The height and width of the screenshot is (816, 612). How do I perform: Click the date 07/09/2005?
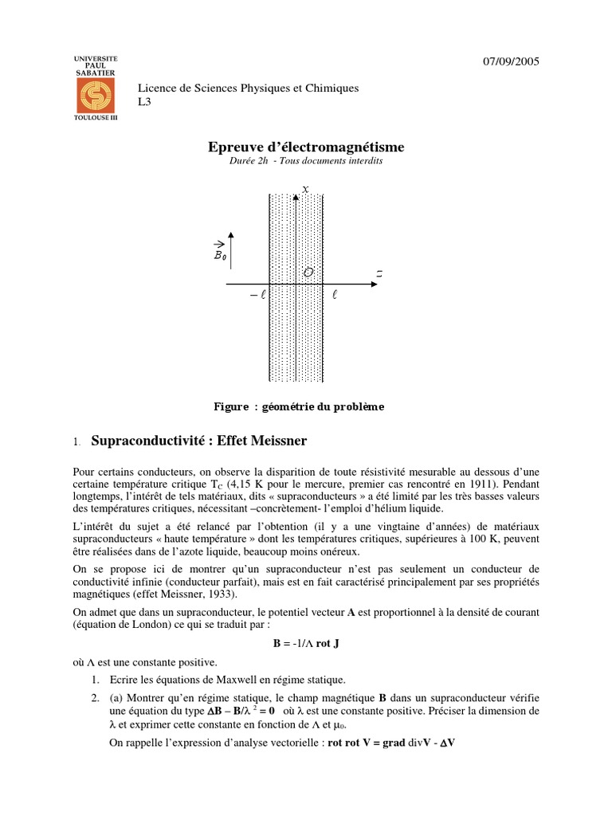click(512, 63)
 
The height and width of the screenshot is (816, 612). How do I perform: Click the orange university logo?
click(95, 94)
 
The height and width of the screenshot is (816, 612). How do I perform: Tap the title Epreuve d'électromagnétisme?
click(306, 147)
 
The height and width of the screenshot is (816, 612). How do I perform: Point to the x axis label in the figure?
click(305, 189)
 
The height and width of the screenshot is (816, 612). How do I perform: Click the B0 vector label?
click(220, 254)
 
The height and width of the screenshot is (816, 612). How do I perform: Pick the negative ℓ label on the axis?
click(256, 295)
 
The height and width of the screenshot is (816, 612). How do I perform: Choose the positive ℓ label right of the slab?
click(335, 295)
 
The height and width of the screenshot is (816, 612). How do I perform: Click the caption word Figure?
click(231, 406)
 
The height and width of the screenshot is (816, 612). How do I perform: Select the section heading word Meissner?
click(273, 440)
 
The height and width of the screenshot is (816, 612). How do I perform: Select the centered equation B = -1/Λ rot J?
click(306, 643)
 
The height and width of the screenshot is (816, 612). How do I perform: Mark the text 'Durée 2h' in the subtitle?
click(249, 160)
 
